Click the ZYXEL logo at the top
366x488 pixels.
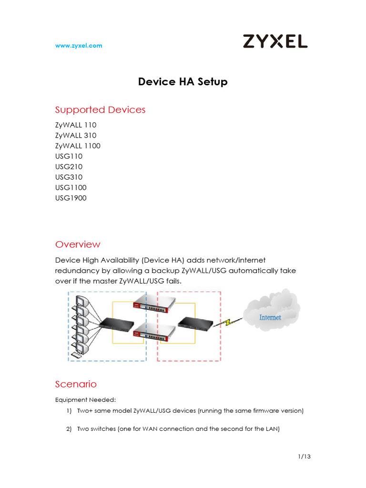(275, 41)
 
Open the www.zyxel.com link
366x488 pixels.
(79, 46)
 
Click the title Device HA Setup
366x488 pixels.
(183, 82)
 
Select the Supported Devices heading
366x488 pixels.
(100, 110)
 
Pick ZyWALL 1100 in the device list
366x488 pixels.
(78, 146)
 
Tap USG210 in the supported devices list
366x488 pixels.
(69, 167)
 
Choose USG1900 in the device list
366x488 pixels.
(71, 198)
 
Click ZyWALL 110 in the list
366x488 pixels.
(76, 125)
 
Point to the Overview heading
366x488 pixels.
(78, 244)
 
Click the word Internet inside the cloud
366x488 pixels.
(270, 317)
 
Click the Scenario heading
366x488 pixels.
(76, 384)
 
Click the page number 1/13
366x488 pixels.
(304, 457)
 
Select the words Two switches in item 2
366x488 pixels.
(95, 429)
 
